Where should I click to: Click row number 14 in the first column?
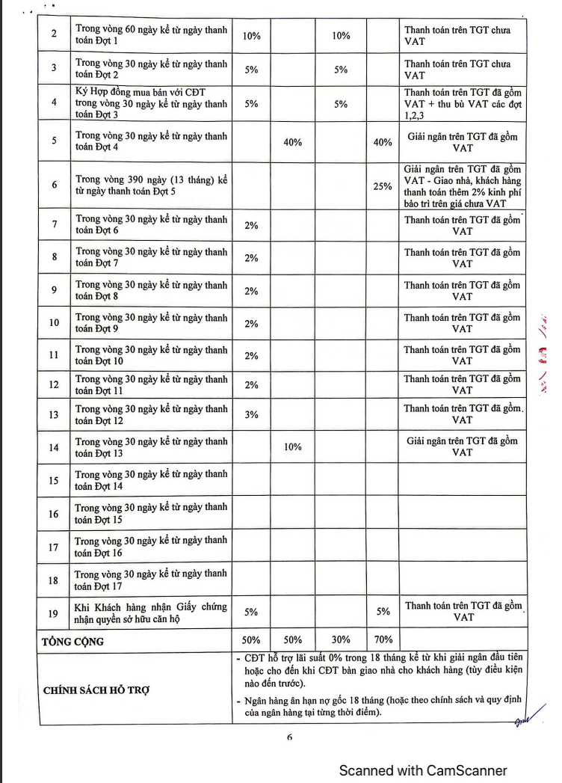[54, 447]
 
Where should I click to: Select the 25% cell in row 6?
[383, 186]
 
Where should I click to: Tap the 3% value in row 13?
[251, 414]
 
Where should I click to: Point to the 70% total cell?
[383, 640]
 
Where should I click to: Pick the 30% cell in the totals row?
[341, 640]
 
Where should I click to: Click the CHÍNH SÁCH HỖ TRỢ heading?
[96, 690]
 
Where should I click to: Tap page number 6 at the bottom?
[289, 737]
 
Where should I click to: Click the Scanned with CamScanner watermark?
[423, 770]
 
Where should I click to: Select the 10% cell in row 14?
[293, 447]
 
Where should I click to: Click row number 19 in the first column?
[54, 614]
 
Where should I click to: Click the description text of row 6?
[152, 186]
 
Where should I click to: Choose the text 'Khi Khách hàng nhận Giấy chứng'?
[152, 607]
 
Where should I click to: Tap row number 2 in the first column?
[54, 35]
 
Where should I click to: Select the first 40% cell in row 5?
[293, 142]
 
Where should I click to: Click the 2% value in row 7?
[251, 225]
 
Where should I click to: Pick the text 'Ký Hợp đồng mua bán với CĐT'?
[151, 92]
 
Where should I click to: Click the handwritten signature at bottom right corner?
[520, 721]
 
